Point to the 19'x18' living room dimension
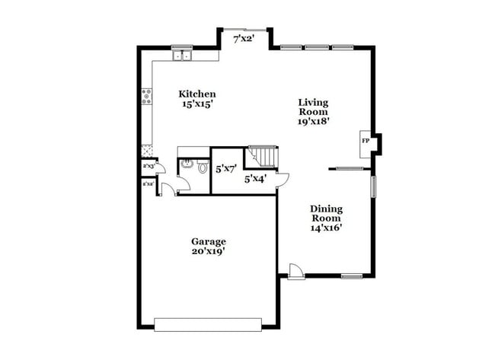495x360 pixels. click(314, 120)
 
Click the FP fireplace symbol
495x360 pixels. click(366, 142)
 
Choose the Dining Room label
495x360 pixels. click(326, 213)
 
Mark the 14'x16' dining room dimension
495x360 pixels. click(326, 227)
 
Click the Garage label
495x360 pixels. click(207, 241)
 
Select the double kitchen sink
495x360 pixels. click(182, 55)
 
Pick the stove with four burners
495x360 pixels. click(146, 96)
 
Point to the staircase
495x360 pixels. click(263, 157)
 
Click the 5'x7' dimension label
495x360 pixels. click(226, 170)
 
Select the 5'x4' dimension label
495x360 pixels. click(255, 180)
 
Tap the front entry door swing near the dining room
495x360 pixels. click(295, 271)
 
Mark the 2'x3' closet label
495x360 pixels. click(148, 166)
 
